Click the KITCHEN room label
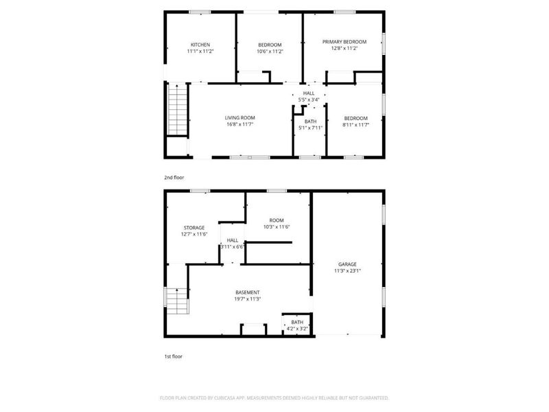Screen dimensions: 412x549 (200, 45)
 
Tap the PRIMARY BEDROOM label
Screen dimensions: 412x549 (344, 42)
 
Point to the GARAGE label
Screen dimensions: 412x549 (347, 264)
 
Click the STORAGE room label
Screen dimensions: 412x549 (194, 228)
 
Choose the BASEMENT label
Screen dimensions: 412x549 (248, 293)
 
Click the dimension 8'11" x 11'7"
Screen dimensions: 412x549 (355, 124)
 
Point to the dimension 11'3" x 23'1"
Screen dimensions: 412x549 (347, 271)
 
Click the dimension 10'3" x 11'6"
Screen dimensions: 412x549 (277, 227)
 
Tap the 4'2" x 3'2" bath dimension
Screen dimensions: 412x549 (297, 329)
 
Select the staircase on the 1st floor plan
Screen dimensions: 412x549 (176, 299)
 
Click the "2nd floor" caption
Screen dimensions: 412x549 (174, 178)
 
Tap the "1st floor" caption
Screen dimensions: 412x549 (173, 356)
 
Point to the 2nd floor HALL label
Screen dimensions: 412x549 (309, 93)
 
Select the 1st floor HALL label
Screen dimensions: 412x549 (232, 240)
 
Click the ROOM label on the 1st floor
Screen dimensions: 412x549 (277, 220)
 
